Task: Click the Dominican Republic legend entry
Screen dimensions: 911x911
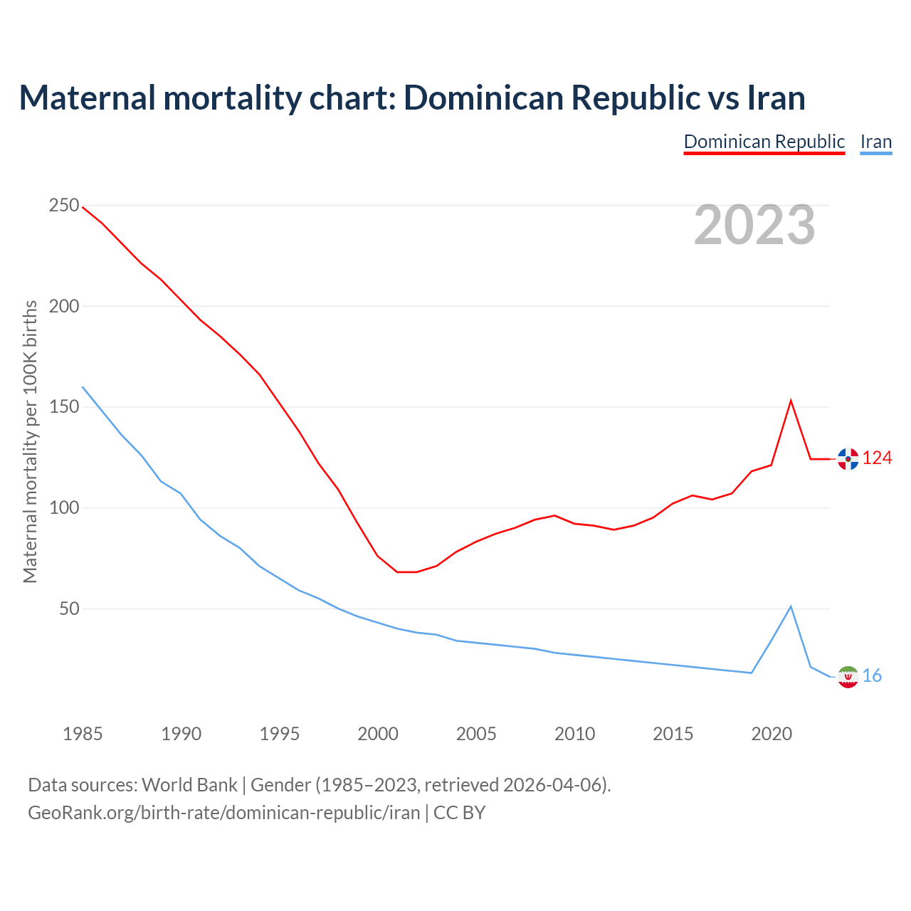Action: coord(764,142)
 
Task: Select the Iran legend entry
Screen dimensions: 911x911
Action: coord(875,142)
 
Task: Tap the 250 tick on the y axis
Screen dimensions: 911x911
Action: coord(64,206)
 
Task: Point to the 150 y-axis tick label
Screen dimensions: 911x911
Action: coord(64,407)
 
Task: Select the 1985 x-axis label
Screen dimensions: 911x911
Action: coord(83,734)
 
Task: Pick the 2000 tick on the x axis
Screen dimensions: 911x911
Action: coord(378,734)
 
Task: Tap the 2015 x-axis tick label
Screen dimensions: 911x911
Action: coord(673,734)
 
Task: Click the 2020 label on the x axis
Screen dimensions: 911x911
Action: coord(772,734)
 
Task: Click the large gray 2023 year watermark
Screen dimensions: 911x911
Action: coord(754,225)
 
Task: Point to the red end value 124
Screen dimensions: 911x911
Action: coord(877,458)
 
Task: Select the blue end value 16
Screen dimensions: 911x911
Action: coord(872,676)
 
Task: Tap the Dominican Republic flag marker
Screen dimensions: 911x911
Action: coord(848,459)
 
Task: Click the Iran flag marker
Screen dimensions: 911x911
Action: coord(848,677)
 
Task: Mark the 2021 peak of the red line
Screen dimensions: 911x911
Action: coord(791,401)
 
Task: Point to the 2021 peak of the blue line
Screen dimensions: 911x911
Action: coord(791,606)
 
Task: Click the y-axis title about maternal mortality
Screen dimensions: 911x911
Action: coord(30,441)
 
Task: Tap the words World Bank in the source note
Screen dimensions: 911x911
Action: coord(189,785)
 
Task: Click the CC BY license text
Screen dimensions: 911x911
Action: coord(459,813)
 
